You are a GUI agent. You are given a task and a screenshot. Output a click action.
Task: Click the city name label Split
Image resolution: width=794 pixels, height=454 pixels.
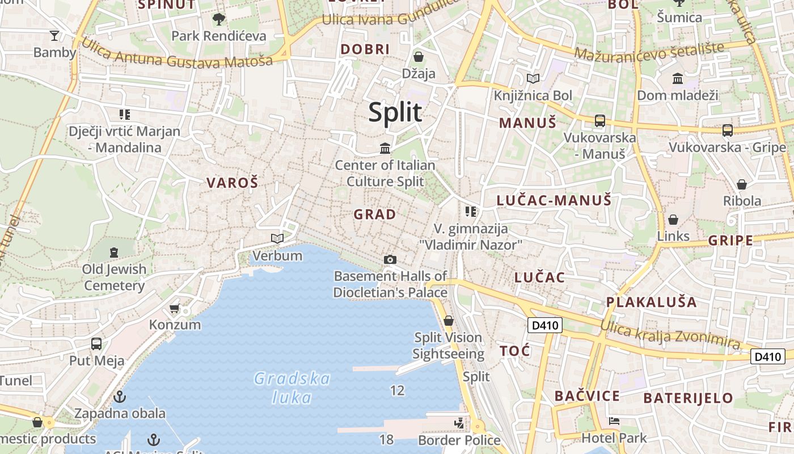pos(395,112)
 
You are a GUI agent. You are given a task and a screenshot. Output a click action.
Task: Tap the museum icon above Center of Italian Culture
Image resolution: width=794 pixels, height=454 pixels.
pos(385,149)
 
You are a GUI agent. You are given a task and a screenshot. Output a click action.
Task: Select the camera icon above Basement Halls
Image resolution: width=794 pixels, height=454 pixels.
pos(390,259)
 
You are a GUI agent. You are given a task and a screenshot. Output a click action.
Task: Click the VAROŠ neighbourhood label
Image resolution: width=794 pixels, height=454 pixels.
pos(232,183)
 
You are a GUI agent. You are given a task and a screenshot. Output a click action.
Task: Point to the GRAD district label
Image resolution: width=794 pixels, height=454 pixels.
pos(375,215)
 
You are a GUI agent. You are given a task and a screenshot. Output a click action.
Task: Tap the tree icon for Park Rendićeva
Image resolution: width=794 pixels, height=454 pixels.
pos(218,20)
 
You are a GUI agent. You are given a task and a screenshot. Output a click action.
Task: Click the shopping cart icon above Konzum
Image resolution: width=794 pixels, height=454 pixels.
pos(175,309)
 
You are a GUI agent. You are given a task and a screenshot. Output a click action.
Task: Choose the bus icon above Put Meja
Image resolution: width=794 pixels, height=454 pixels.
pos(96,343)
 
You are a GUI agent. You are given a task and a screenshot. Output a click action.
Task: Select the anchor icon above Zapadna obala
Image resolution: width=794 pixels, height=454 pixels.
pos(119,396)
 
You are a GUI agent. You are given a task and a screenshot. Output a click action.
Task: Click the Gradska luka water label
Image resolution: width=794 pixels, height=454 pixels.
pos(292,388)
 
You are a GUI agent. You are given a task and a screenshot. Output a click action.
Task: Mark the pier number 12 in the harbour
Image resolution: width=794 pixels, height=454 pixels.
pos(397,390)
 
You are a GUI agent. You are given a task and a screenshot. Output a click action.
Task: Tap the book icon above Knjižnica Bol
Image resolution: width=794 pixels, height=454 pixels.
pos(533,79)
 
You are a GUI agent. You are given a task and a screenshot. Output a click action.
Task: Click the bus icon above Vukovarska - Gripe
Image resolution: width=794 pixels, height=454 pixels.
pos(727,131)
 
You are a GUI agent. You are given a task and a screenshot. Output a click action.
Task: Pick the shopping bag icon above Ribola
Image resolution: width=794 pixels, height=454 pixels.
pos(741,184)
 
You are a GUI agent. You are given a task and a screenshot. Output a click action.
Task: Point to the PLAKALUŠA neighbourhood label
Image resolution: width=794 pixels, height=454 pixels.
pos(652,302)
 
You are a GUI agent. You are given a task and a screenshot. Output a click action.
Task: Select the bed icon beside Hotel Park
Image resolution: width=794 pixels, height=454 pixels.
pos(614,421)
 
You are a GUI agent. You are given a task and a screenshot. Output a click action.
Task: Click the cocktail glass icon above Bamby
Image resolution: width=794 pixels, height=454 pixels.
pos(54,36)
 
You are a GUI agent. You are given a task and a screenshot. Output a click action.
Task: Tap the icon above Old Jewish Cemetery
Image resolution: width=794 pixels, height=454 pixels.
pos(114,252)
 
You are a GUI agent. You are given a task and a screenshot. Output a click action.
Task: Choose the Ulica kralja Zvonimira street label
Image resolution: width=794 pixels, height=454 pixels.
pos(670,335)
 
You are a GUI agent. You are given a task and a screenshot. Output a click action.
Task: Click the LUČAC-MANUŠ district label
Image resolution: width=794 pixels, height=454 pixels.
pos(554,200)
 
